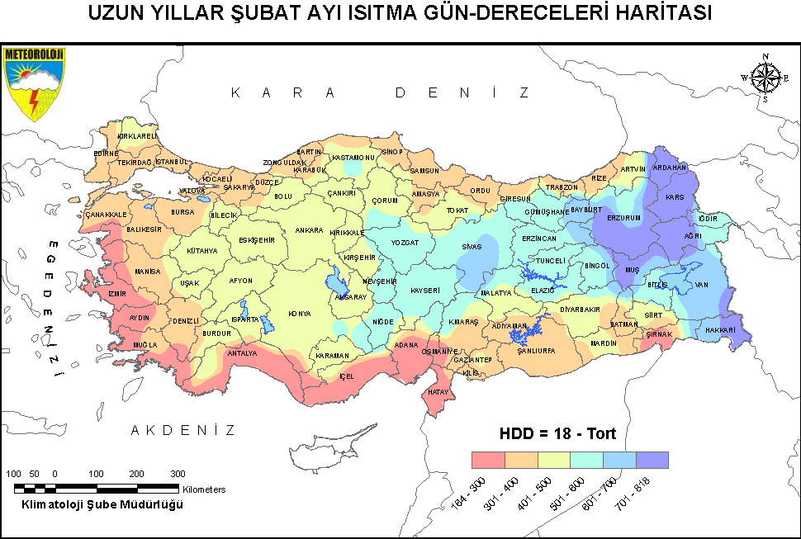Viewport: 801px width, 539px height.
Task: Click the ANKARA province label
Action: pos(309,230)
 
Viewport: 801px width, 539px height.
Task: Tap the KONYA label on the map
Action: pos(299,314)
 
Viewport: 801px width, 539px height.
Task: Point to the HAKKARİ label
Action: pos(720,330)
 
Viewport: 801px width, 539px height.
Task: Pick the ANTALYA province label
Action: pos(242,353)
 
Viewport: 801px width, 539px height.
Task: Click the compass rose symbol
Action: pos(765,78)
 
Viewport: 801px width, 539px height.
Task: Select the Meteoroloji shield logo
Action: pos(34,83)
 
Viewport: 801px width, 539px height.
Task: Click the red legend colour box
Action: pos(487,460)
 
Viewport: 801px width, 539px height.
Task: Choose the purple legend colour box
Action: pos(652,460)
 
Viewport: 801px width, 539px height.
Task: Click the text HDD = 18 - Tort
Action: pos(557,433)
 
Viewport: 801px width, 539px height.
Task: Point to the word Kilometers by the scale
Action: pos(204,489)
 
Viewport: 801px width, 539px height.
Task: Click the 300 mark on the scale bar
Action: pos(178,474)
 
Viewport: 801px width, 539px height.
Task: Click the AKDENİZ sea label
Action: pos(183,430)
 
